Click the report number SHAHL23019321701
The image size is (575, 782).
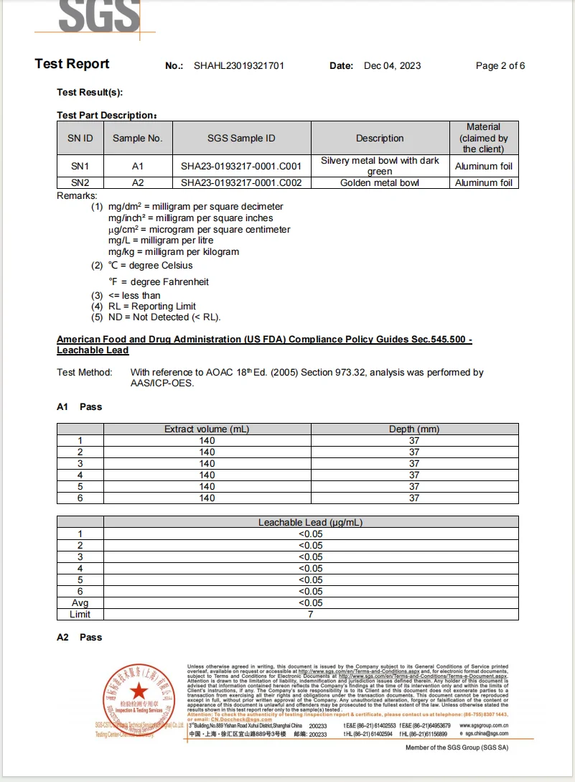pyautogui.click(x=239, y=66)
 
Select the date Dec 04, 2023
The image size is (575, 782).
pyautogui.click(x=393, y=66)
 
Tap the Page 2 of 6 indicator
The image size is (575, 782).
pyautogui.click(x=500, y=66)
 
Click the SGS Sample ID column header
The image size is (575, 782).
pyautogui.click(x=241, y=139)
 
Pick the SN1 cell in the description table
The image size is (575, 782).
pyautogui.click(x=80, y=167)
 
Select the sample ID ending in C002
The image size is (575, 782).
pyautogui.click(x=241, y=183)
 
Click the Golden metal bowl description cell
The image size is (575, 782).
pyautogui.click(x=380, y=183)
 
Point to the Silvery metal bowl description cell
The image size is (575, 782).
pyautogui.click(x=380, y=167)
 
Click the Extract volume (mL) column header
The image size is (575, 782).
pyautogui.click(x=207, y=429)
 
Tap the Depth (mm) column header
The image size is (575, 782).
pyautogui.click(x=414, y=429)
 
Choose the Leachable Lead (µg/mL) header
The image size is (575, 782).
pyautogui.click(x=310, y=523)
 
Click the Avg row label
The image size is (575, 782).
pyautogui.click(x=80, y=603)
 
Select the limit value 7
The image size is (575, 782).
pyautogui.click(x=310, y=615)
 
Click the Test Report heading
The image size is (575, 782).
pyautogui.click(x=72, y=65)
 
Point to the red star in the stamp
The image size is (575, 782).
pyautogui.click(x=138, y=692)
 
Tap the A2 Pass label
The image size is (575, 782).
pyautogui.click(x=80, y=638)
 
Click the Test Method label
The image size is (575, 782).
pyautogui.click(x=85, y=373)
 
